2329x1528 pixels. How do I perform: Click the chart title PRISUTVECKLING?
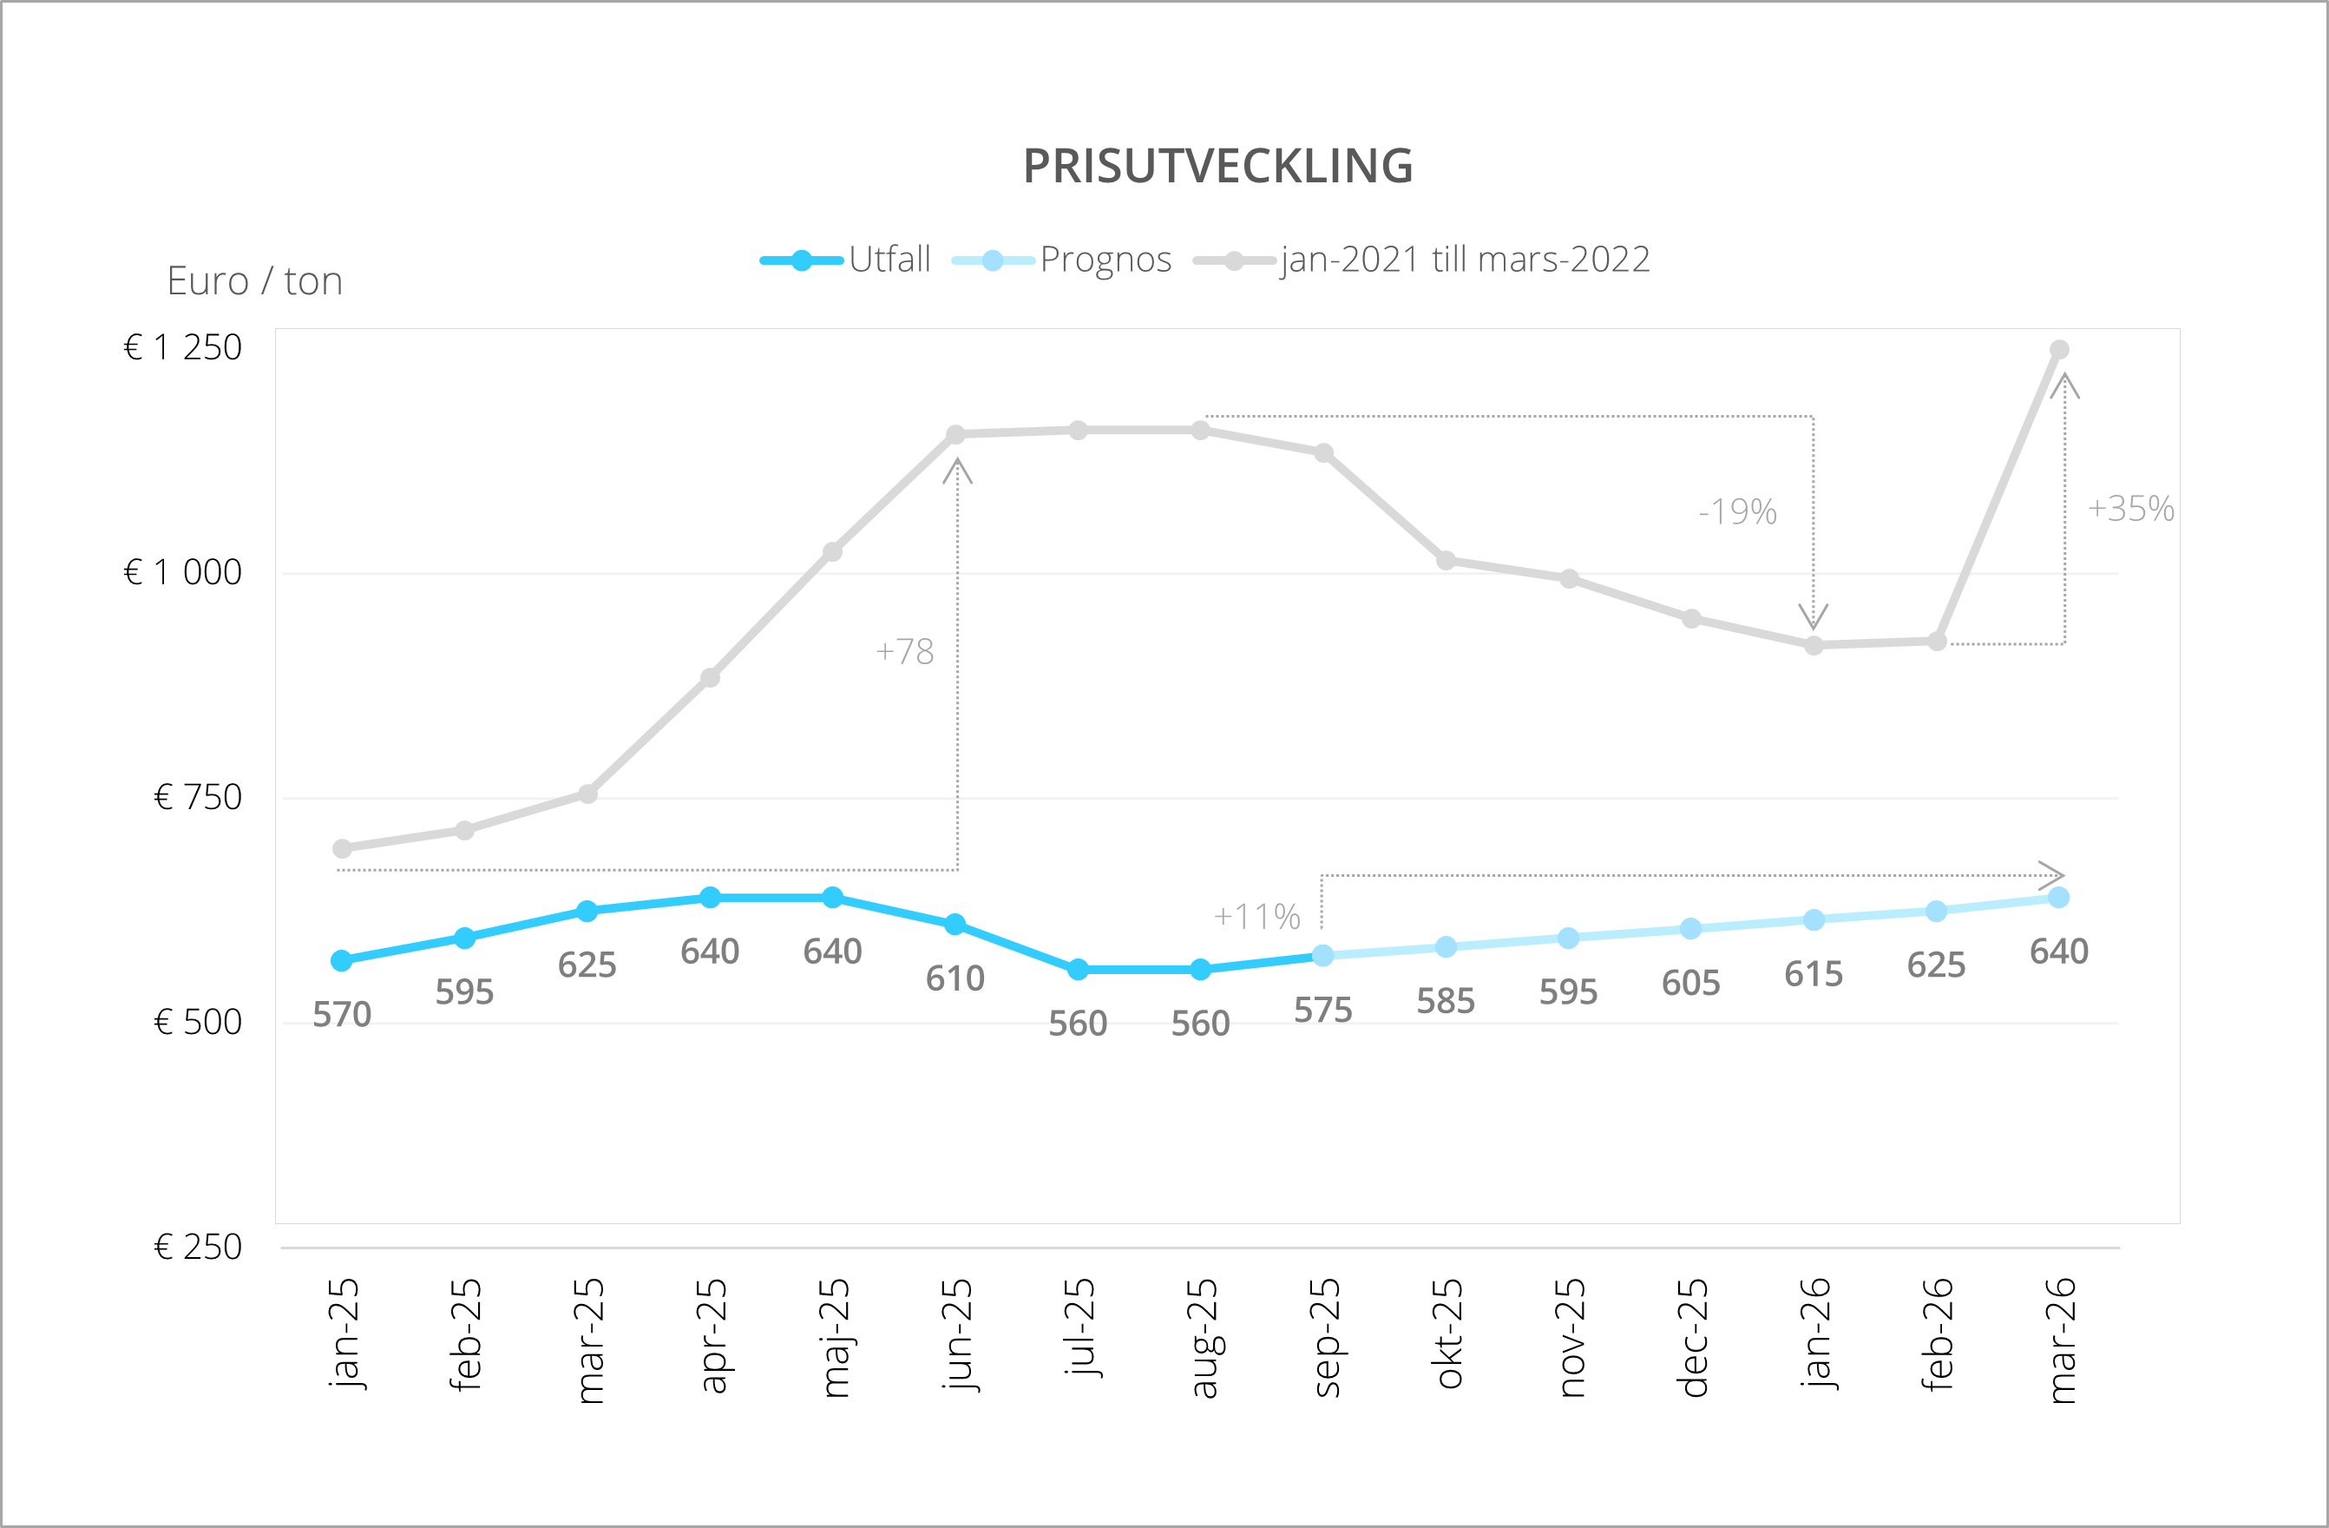[x=1217, y=167]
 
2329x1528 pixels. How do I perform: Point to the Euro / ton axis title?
[x=254, y=282]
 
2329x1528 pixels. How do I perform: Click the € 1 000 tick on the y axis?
[x=183, y=573]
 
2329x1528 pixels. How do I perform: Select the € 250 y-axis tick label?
[x=198, y=1247]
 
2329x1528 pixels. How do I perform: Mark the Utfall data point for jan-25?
[x=342, y=960]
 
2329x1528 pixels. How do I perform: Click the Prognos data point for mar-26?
[x=2059, y=898]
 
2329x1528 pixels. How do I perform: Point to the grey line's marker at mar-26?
[x=2059, y=350]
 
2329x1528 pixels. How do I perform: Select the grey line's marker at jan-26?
[x=1814, y=646]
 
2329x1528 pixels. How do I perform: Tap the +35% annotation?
[x=2130, y=509]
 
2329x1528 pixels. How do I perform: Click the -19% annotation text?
[x=1737, y=512]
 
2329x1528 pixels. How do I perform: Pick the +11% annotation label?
[x=1256, y=917]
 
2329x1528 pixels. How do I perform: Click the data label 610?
[x=955, y=978]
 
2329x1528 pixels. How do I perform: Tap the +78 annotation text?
[x=904, y=652]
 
